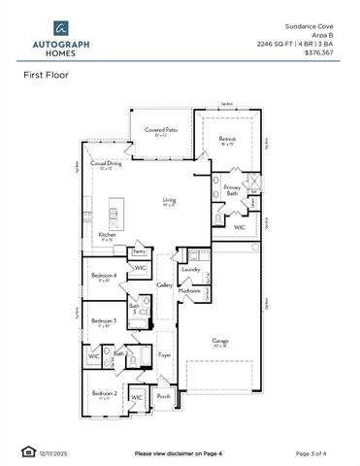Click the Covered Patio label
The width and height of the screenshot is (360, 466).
point(161,129)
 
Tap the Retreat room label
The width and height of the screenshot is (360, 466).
point(227,139)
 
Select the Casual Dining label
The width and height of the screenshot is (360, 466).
point(106,164)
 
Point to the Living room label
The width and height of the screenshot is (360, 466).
point(168,201)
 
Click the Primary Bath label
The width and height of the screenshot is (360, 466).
point(232,189)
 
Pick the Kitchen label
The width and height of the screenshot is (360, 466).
point(107,235)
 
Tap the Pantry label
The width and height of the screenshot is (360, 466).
point(139,250)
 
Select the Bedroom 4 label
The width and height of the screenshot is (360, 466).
point(105,276)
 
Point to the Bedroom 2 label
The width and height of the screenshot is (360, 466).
point(104,392)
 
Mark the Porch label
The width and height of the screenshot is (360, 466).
point(163,395)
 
